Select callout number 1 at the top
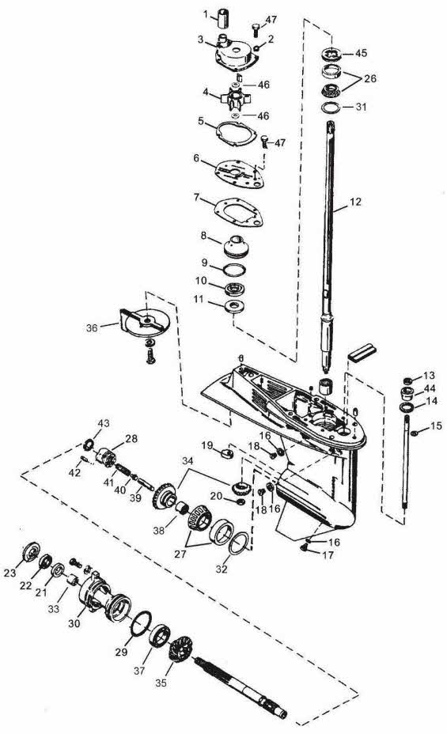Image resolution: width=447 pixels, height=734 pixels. click(206, 13)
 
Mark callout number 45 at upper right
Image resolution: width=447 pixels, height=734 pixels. click(361, 54)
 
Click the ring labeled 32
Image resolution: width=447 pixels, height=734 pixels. click(237, 543)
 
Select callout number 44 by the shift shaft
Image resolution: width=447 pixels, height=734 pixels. click(430, 388)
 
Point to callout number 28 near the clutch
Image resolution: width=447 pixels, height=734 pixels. click(131, 438)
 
